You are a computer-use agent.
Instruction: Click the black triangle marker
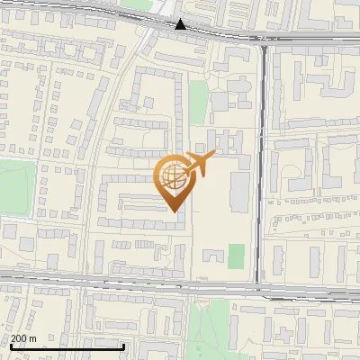click(181, 24)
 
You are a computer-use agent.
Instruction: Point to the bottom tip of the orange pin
click(174, 211)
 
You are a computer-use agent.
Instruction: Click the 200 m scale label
click(24, 338)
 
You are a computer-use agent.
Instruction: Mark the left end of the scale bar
click(10, 346)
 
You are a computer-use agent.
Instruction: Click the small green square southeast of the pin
click(236, 256)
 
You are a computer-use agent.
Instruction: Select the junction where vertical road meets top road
click(263, 40)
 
